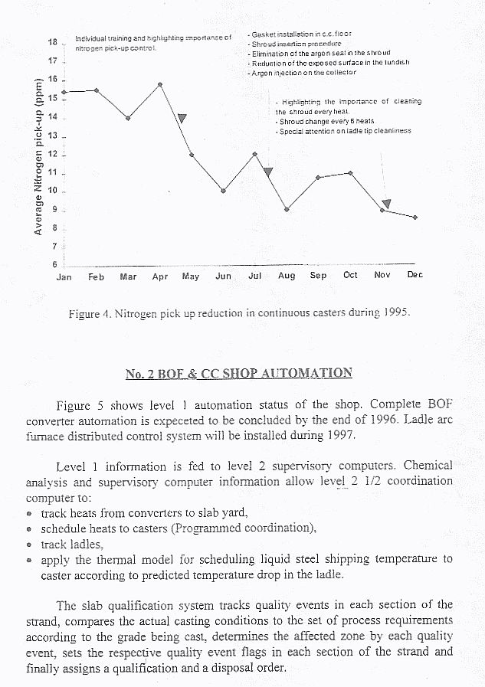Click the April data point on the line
pos(159,84)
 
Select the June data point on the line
pos(223,191)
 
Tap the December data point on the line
pos(415,218)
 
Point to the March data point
pos(128,118)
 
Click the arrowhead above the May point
pos(182,118)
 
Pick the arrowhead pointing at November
pos(387,204)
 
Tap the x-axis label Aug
pos(287,276)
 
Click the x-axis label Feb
pos(96,276)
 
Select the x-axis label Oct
pos(350,275)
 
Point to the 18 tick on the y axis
pos(53,42)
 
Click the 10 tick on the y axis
pos(53,191)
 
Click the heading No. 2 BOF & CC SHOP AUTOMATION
pos(239,374)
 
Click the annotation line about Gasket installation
pos(301,34)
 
